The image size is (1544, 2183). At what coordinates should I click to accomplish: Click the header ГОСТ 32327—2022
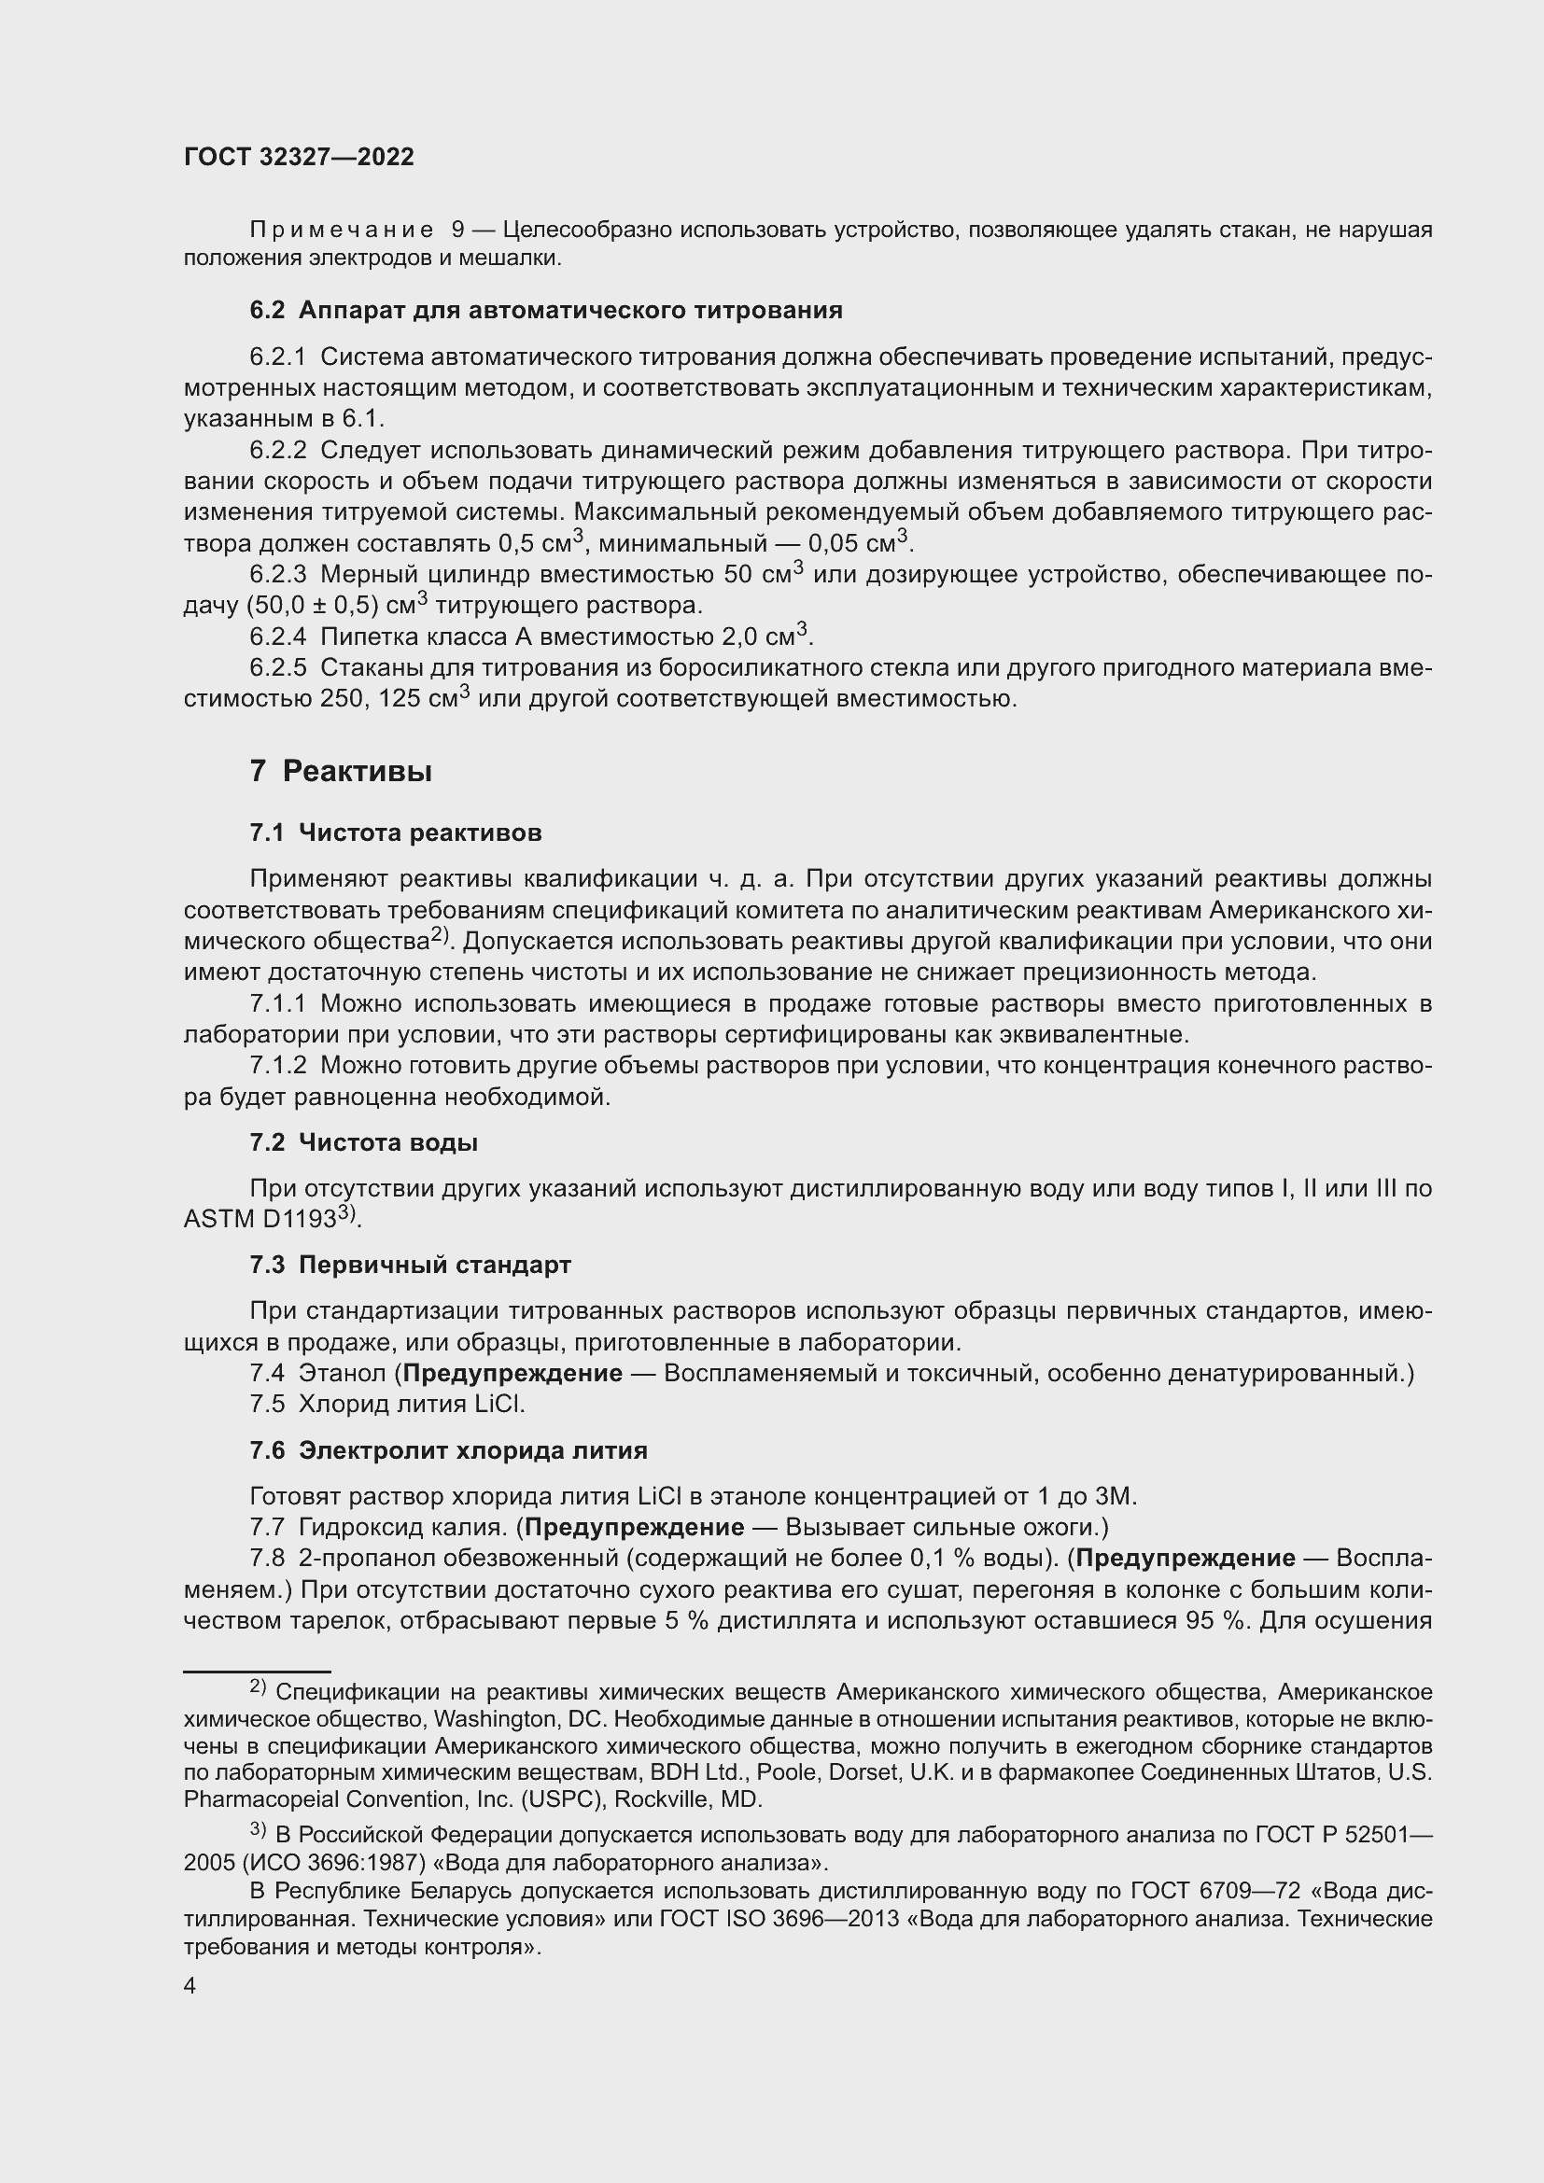pyautogui.click(x=299, y=157)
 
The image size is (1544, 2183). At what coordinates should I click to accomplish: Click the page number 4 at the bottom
pyautogui.click(x=190, y=1986)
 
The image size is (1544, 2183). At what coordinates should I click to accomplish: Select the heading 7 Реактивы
pyautogui.click(x=341, y=771)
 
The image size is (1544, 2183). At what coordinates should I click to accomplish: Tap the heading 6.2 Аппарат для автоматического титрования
pyautogui.click(x=546, y=310)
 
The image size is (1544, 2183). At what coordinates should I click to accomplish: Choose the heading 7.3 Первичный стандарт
pyautogui.click(x=410, y=1266)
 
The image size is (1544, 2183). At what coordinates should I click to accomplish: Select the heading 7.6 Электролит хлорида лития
pyautogui.click(x=448, y=1451)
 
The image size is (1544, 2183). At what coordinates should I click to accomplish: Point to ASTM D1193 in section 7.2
pyautogui.click(x=260, y=1220)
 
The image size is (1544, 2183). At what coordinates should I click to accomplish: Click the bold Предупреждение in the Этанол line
pyautogui.click(x=512, y=1374)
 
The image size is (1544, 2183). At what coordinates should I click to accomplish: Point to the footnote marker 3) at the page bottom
pyautogui.click(x=259, y=1828)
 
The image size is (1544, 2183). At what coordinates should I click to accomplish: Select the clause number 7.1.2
pyautogui.click(x=277, y=1066)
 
